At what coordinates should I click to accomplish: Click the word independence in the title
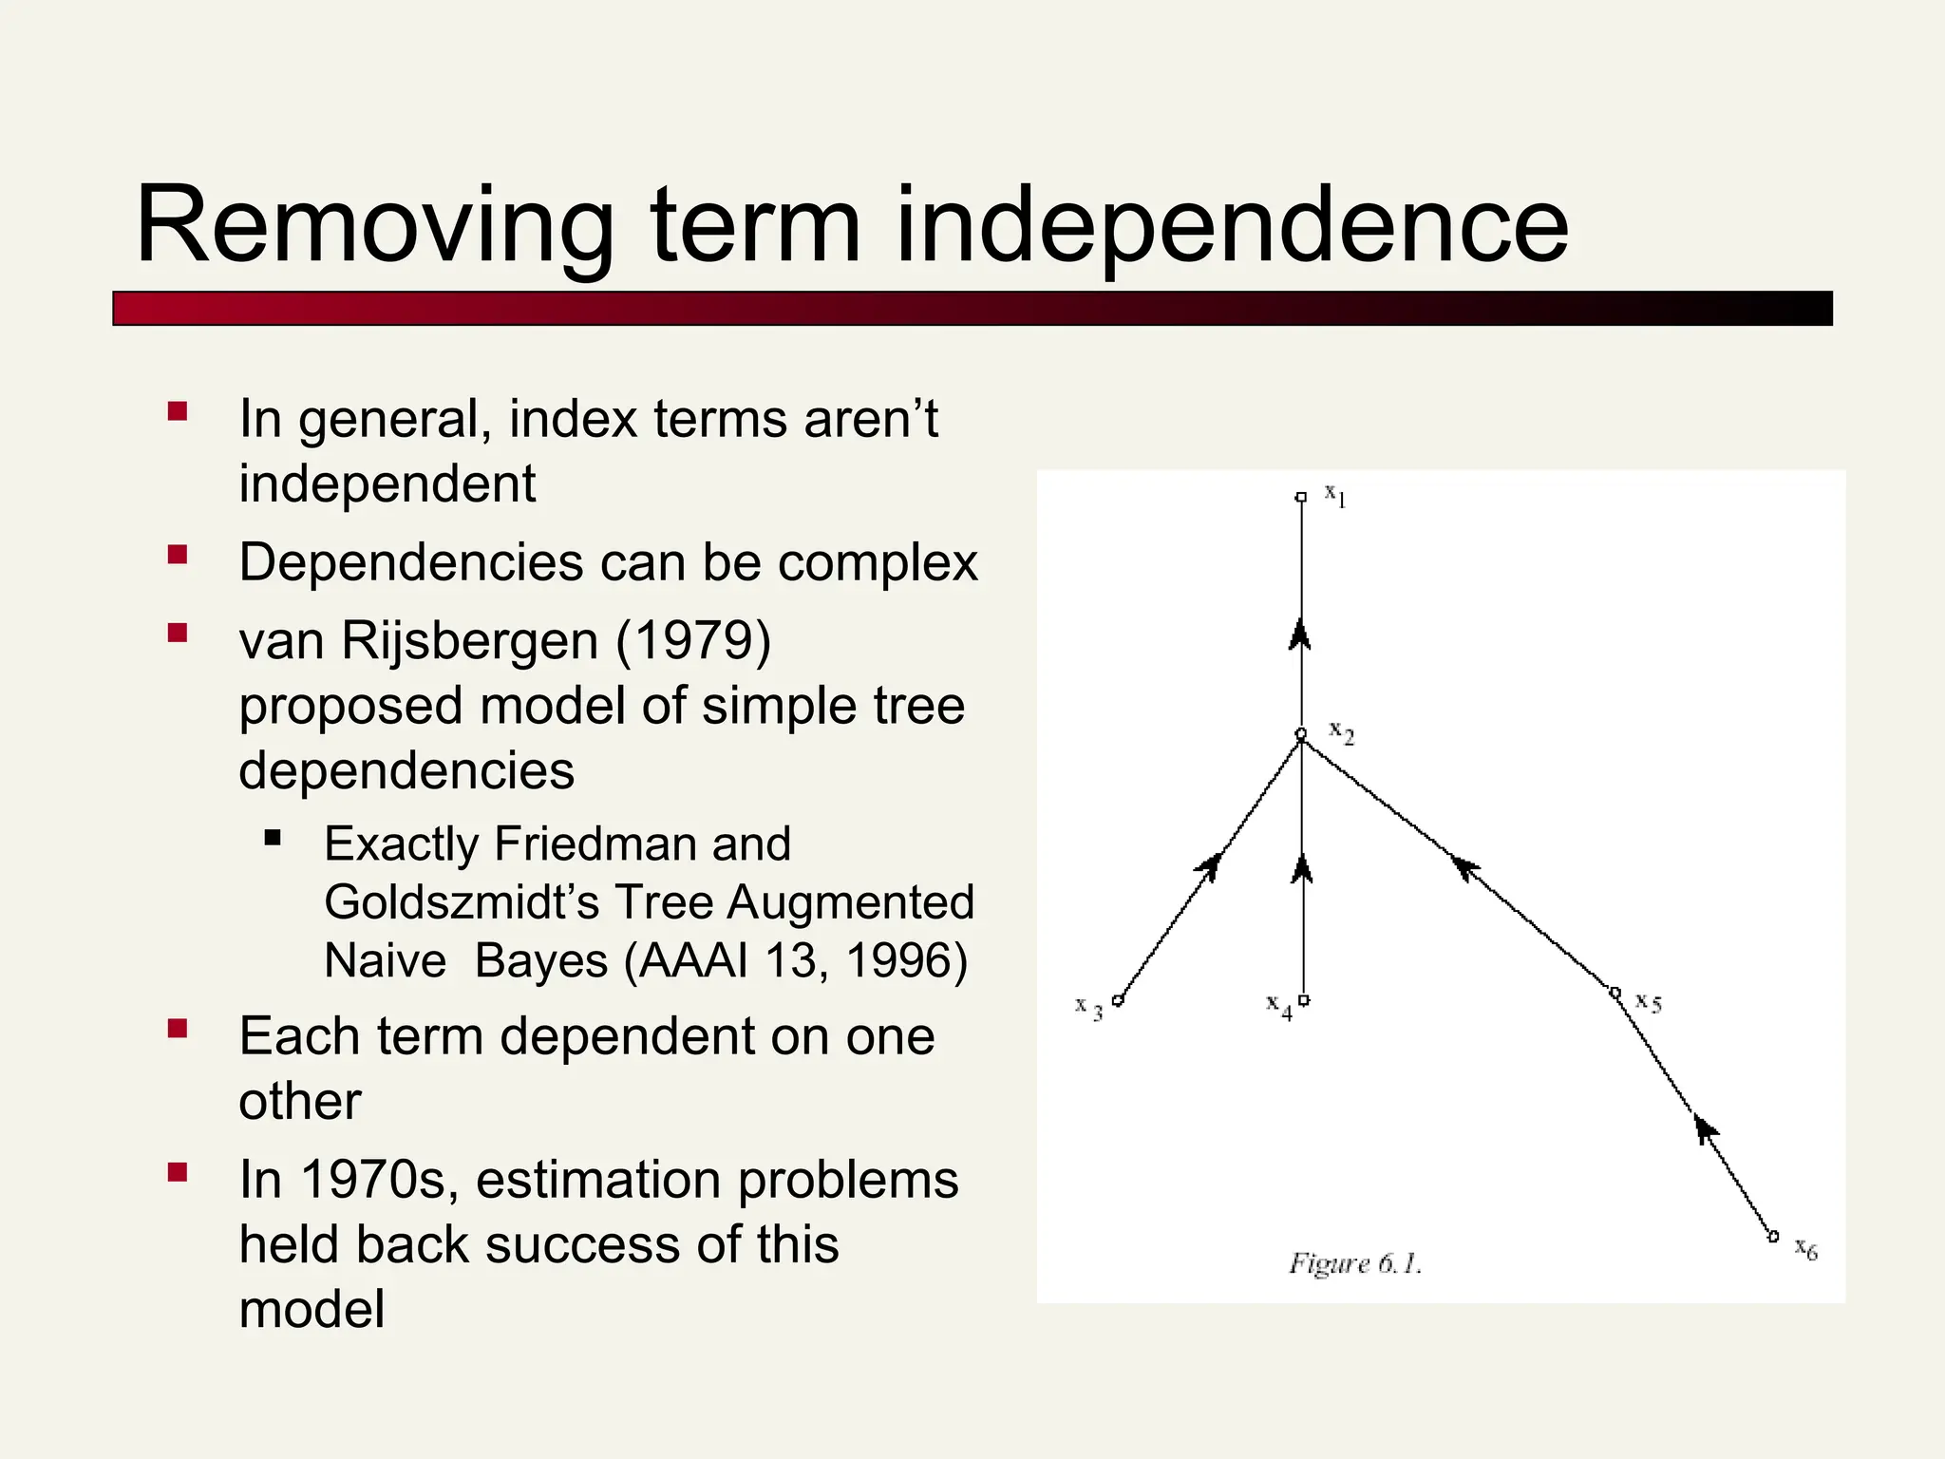tap(1232, 226)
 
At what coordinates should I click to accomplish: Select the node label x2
tap(1341, 732)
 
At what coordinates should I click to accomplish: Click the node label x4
tap(1278, 1006)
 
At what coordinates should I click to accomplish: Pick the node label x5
tap(1648, 1002)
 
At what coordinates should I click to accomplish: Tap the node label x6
tap(1805, 1249)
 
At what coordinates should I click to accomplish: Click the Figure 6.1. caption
tap(1354, 1263)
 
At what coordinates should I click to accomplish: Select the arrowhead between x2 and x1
tap(1300, 634)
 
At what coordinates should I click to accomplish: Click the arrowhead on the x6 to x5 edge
tap(1706, 1129)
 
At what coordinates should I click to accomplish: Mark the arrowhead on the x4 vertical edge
tap(1302, 867)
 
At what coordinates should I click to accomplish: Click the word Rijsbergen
tap(469, 640)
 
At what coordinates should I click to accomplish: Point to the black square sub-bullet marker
tap(274, 838)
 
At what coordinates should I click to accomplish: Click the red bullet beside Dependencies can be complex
tap(178, 555)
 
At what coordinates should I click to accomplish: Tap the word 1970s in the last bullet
tap(379, 1180)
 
